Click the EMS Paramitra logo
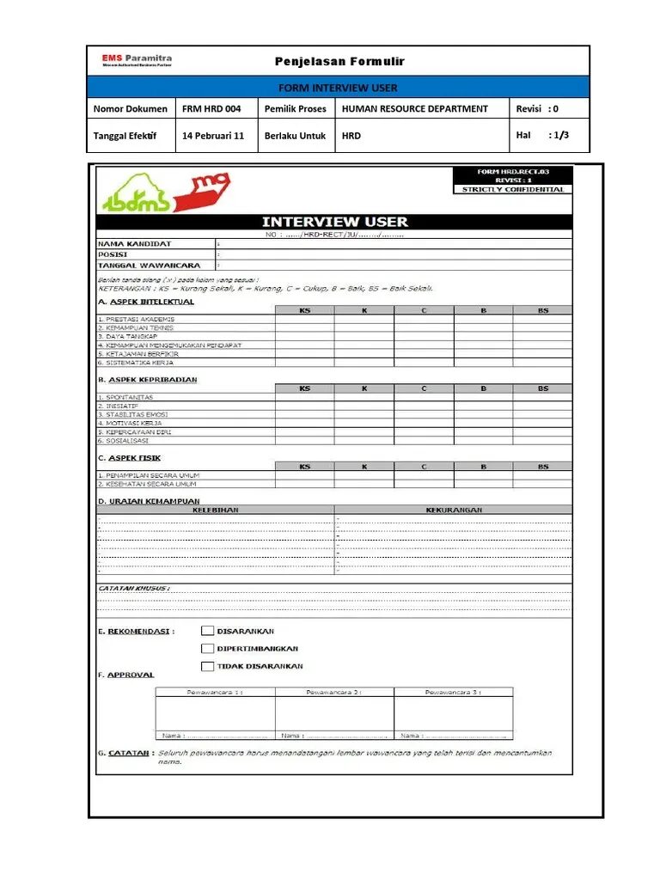[x=137, y=61]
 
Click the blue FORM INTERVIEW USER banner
[x=338, y=88]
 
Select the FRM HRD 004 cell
[x=211, y=109]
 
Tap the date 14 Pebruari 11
[x=213, y=136]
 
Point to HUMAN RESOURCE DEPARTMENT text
[x=414, y=109]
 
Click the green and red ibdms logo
[x=163, y=192]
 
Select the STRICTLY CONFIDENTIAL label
[x=513, y=189]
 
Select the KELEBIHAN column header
[x=215, y=510]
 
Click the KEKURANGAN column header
[x=454, y=510]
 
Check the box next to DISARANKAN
[x=207, y=631]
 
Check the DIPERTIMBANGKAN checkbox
[x=207, y=648]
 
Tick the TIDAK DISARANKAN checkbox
[x=207, y=666]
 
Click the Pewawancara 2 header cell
[x=333, y=691]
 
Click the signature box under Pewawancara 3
[x=453, y=713]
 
